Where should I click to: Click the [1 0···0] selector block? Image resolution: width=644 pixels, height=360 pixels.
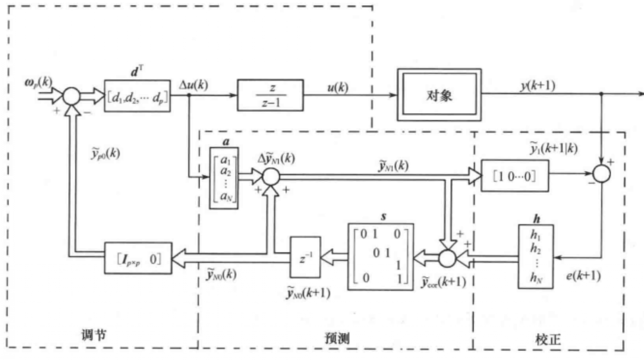point(514,175)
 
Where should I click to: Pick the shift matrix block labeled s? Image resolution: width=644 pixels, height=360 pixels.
point(381,255)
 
